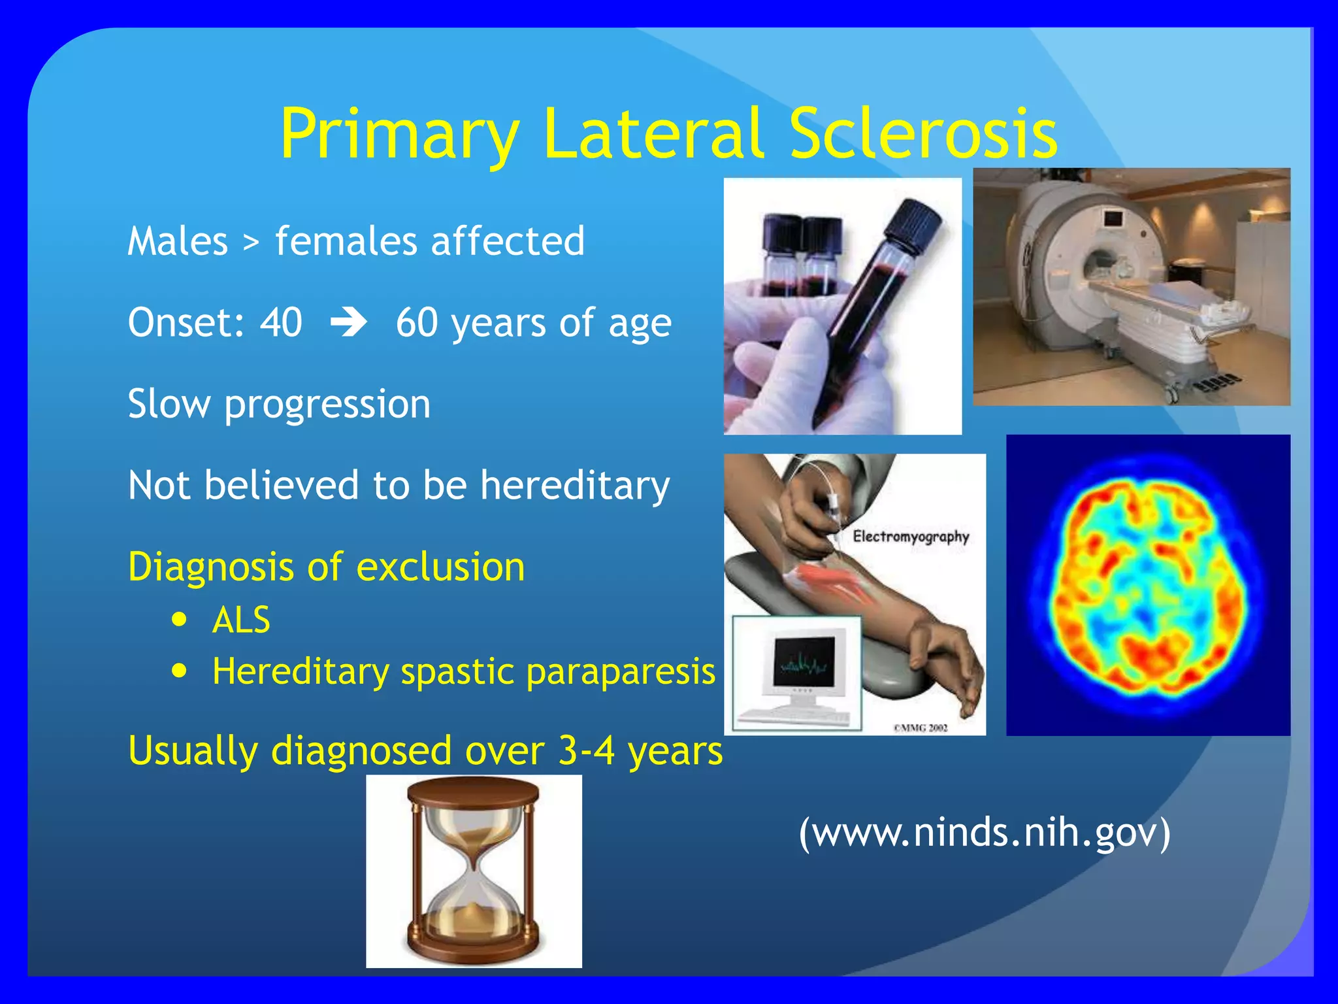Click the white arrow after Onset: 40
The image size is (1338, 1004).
(348, 322)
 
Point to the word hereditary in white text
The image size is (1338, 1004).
(575, 486)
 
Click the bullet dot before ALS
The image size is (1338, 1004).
(180, 619)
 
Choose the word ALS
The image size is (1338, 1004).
(241, 620)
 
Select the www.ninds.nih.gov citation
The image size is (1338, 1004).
(984, 833)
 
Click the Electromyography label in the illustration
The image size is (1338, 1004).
(910, 537)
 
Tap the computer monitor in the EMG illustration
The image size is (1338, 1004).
(804, 663)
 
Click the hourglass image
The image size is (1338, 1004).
(474, 871)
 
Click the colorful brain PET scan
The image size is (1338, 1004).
(1148, 585)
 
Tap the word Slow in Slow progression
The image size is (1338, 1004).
(169, 404)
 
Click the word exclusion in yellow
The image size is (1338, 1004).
(440, 567)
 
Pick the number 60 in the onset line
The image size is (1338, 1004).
(416, 322)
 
